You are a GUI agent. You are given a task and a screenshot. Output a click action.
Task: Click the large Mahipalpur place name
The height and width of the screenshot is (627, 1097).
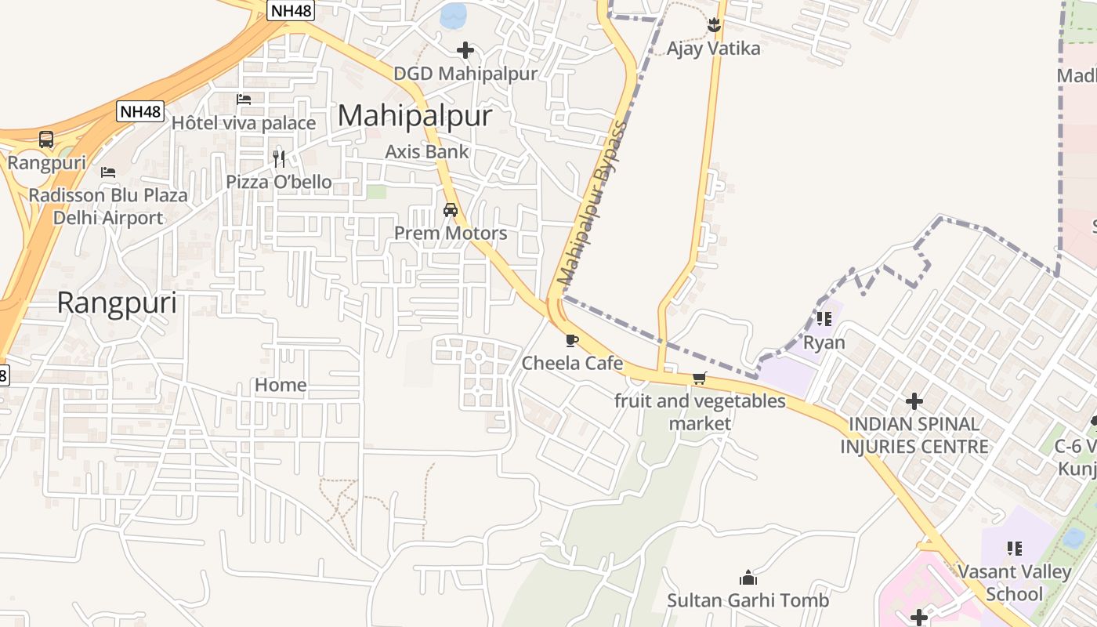[415, 116]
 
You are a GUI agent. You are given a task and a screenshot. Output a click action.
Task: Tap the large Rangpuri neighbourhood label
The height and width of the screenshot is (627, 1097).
[118, 303]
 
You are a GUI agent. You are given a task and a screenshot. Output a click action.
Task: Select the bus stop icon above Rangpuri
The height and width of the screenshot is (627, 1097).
[46, 140]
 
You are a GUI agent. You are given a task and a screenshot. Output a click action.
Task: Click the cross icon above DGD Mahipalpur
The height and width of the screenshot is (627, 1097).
[465, 51]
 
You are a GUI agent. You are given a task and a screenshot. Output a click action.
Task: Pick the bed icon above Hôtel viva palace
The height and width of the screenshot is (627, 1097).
[244, 100]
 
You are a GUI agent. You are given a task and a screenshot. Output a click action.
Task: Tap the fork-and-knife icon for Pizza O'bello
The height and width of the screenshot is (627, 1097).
[279, 159]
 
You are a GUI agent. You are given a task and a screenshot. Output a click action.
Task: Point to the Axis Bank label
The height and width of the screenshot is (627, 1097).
[427, 152]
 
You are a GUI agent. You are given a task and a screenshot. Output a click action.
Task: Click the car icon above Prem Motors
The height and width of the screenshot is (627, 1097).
[451, 210]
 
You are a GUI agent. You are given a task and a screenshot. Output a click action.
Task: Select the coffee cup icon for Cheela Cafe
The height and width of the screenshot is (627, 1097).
[572, 340]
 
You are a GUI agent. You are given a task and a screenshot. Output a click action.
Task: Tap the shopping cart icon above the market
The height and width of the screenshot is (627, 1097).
[700, 379]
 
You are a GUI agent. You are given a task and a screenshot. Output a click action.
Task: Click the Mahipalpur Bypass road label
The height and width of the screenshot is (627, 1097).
[592, 204]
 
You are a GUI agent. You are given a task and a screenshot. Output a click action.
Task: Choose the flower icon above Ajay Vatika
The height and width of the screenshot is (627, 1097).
[714, 25]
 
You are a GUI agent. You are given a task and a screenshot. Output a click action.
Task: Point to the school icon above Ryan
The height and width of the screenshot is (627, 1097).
[824, 319]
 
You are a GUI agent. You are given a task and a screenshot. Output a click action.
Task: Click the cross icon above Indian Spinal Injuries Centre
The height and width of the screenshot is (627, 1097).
[914, 402]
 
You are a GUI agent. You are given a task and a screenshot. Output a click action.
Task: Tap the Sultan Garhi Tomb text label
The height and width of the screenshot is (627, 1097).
[748, 601]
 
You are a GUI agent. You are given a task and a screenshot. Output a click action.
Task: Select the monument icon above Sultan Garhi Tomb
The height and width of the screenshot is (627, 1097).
[748, 578]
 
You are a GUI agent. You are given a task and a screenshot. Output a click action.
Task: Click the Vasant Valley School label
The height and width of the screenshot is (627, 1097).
[1015, 582]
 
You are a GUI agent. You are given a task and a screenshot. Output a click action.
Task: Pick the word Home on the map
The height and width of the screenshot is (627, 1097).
[281, 385]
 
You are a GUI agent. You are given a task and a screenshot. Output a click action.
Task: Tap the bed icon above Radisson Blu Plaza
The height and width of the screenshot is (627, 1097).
[108, 172]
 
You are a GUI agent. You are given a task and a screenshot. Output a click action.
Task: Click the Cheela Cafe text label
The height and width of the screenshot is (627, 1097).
[572, 363]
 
